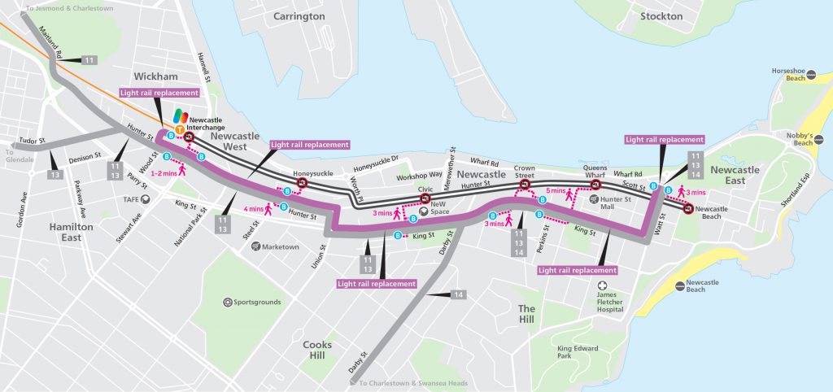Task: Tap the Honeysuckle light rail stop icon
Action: click(303, 185)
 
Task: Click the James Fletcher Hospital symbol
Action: click(603, 286)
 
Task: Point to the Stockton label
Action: click(661, 16)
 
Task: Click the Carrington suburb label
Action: click(299, 16)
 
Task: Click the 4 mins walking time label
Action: click(255, 209)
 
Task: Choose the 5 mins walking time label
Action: click(556, 191)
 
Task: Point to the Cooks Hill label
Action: click(316, 350)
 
